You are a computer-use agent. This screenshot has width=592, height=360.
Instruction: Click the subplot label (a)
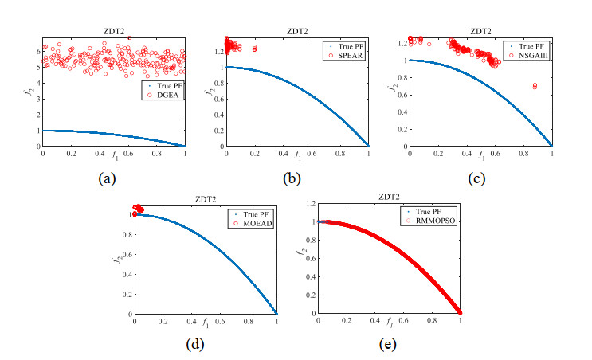pos(108,178)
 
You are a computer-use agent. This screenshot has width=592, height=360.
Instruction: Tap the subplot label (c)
pos(480,178)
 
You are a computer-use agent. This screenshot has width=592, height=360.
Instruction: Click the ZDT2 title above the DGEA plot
pos(113,30)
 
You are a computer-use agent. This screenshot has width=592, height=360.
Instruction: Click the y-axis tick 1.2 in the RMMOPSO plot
pos(308,204)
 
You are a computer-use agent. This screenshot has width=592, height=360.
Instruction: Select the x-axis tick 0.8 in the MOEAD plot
pos(248,322)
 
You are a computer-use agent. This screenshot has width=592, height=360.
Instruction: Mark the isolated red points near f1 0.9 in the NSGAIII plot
pos(535,85)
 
